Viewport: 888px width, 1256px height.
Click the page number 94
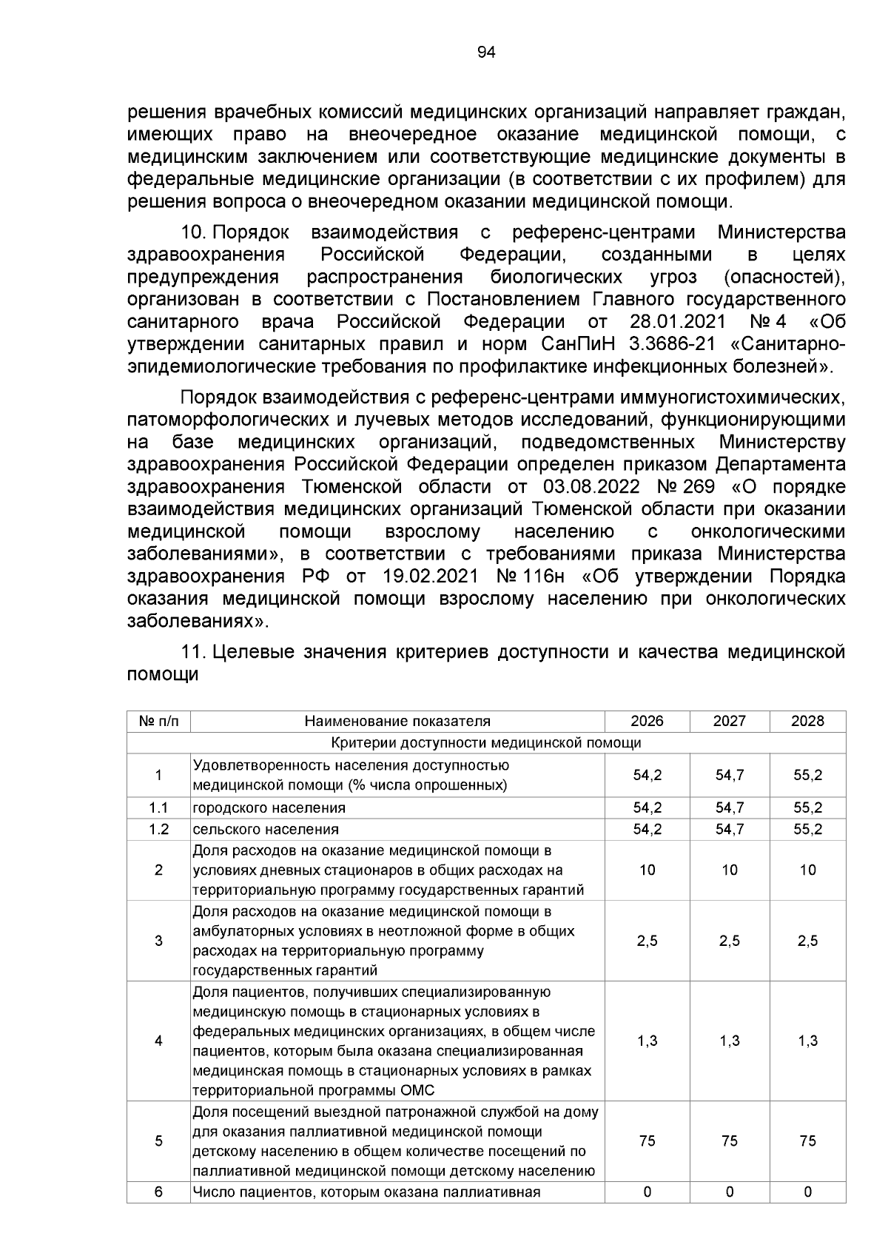click(486, 52)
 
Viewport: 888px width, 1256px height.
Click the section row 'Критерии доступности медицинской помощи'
click(486, 743)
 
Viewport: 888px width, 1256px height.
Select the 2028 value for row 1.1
click(807, 808)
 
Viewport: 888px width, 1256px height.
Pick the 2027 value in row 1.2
click(729, 830)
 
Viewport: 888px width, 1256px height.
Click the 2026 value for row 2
click(647, 870)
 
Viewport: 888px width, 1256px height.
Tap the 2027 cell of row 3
click(729, 941)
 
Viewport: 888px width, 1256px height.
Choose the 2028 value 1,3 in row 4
click(807, 1041)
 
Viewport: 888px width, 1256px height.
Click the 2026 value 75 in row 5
click(647, 1141)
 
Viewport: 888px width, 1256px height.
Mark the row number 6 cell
click(158, 1192)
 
